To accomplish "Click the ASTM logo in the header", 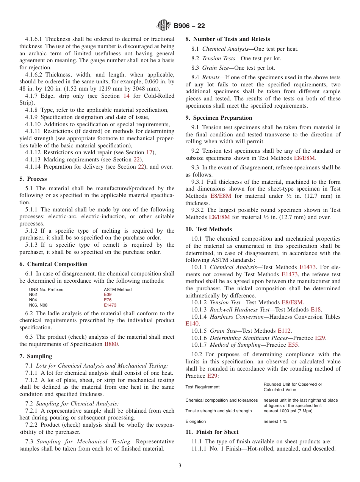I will point(164,26).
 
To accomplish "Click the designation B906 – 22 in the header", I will point(189,26).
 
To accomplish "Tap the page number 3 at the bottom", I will point(180,466).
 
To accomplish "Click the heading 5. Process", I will point(33,179).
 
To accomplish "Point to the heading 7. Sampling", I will point(36,356).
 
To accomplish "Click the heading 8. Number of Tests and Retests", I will point(228,39).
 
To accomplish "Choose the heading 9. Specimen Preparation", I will point(219,118).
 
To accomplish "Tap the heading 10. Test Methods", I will point(209,229).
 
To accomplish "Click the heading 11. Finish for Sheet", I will point(212,432).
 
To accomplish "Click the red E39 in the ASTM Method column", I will point(108,294).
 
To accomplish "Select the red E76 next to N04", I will point(108,300).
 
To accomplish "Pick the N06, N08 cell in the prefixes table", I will point(38,305).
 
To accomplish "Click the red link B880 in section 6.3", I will point(111,344).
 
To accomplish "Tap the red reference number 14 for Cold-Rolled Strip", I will point(127,96).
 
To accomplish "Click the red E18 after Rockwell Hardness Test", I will point(316,310).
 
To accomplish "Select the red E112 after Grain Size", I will point(284,331).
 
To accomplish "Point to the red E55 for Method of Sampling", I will point(293,345).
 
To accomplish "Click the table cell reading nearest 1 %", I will point(275,421).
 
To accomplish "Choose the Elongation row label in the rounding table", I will point(196,421).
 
